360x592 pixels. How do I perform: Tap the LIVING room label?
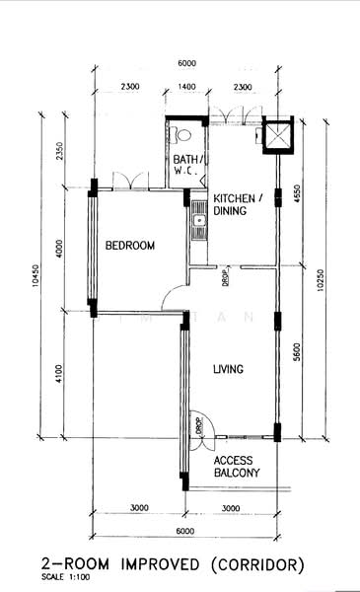228,370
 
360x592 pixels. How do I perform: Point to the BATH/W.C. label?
187,165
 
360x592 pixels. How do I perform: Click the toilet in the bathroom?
180,132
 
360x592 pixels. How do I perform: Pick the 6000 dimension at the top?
187,63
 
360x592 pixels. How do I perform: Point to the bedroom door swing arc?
174,295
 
